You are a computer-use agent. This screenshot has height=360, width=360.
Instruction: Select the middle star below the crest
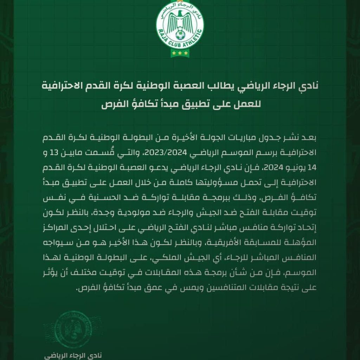180,53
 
